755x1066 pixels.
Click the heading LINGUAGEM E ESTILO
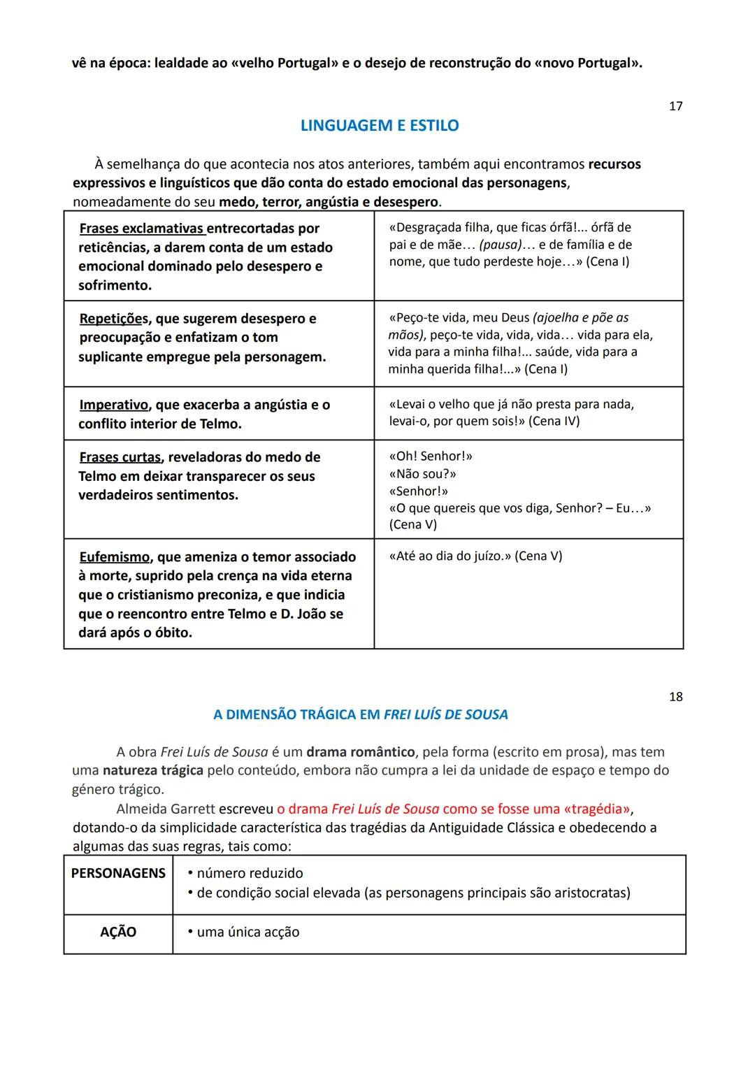point(379,126)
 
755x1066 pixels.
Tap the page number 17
point(675,106)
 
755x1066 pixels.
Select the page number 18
point(675,697)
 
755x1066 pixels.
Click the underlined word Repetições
point(113,319)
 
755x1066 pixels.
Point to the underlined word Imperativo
point(113,405)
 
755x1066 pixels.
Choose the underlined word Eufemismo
point(115,557)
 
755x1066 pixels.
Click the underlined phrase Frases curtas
point(120,457)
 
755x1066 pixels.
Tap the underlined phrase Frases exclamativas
point(141,229)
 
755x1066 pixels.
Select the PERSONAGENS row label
point(118,873)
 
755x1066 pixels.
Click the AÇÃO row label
point(118,932)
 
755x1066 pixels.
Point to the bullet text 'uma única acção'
point(247,932)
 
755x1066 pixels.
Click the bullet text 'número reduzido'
point(250,873)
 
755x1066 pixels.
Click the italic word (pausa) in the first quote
point(501,245)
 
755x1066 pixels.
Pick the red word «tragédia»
point(596,809)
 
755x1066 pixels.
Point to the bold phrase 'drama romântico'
point(360,752)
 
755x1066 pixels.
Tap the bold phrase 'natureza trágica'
point(152,770)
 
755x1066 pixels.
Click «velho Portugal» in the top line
point(284,63)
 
